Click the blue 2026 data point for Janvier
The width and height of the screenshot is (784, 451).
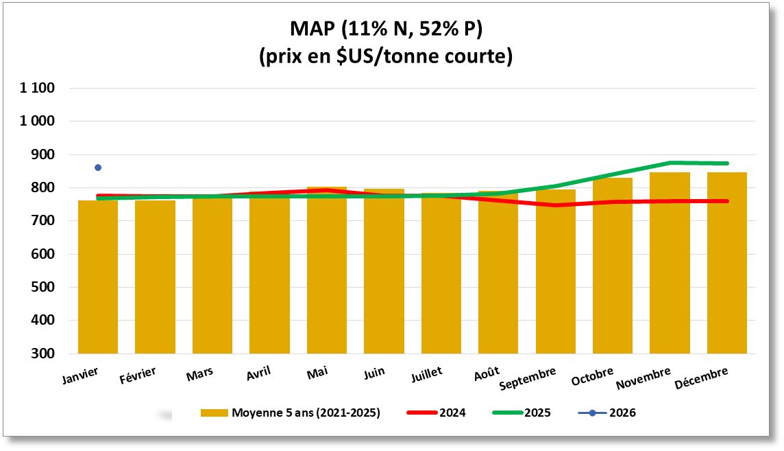98,167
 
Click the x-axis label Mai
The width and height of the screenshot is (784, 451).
317,372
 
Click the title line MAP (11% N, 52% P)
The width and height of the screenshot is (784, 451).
386,29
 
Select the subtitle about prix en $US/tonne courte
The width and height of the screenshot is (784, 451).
386,56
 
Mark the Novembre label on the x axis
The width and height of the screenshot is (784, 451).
643,378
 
